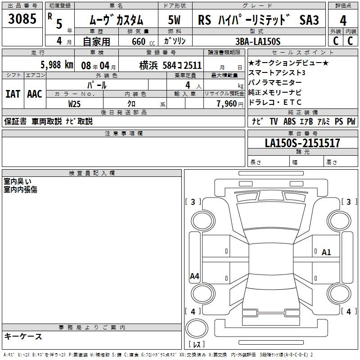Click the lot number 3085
[x=22, y=18]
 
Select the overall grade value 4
[x=343, y=20]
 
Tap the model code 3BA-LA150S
[x=258, y=41]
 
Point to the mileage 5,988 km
[x=57, y=65]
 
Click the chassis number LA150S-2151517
[x=302, y=143]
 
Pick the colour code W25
[x=74, y=104]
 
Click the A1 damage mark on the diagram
[x=326, y=252]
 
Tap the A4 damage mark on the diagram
[x=194, y=276]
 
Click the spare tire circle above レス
[x=197, y=328]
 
